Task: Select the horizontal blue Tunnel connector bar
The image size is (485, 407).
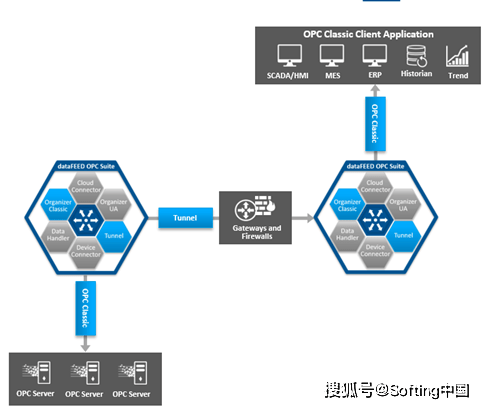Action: click(186, 217)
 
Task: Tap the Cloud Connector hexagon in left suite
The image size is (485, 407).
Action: click(85, 186)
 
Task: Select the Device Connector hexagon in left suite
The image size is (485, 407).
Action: click(85, 249)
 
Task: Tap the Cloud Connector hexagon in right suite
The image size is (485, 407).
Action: click(375, 186)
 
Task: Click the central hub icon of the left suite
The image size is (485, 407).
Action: click(85, 217)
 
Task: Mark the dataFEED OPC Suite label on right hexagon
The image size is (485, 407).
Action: click(375, 163)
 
